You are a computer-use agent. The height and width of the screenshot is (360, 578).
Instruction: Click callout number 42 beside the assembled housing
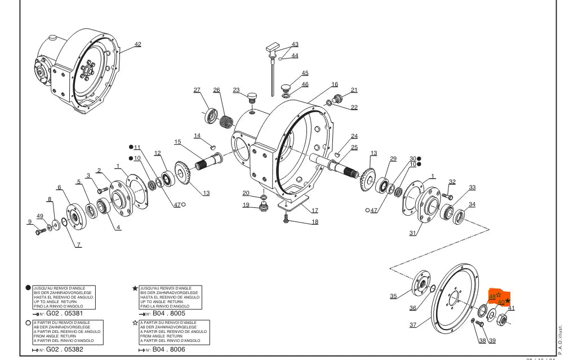pos(137,45)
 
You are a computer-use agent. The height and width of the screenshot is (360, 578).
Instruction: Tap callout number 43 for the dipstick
pos(295,45)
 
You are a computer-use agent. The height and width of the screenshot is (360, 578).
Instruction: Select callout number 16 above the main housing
pos(335,85)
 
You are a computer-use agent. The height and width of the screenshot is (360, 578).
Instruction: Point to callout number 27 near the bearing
pos(197,90)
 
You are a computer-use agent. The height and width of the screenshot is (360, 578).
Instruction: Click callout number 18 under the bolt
pos(314,222)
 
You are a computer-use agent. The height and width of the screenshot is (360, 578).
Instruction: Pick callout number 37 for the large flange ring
pos(413,325)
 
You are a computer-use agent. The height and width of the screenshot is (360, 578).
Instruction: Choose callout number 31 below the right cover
pos(412,233)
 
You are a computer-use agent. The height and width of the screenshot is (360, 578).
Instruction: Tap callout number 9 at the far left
pos(30,222)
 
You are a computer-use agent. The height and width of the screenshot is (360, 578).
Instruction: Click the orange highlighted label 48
pos(493,296)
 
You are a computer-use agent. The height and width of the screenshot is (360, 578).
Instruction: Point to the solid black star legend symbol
pos(135,288)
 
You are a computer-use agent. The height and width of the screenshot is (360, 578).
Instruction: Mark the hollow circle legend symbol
pos(28,323)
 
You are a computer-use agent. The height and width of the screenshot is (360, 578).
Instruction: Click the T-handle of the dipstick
pos(274,46)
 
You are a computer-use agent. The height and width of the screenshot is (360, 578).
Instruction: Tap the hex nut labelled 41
pos(503,319)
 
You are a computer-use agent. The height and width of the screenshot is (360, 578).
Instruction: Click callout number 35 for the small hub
pos(393,296)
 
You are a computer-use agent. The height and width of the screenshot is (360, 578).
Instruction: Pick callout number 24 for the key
pos(354,136)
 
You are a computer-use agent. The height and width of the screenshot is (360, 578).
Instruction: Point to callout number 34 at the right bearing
pos(472,205)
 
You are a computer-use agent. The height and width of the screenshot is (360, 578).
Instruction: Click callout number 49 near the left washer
pos(40,216)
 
